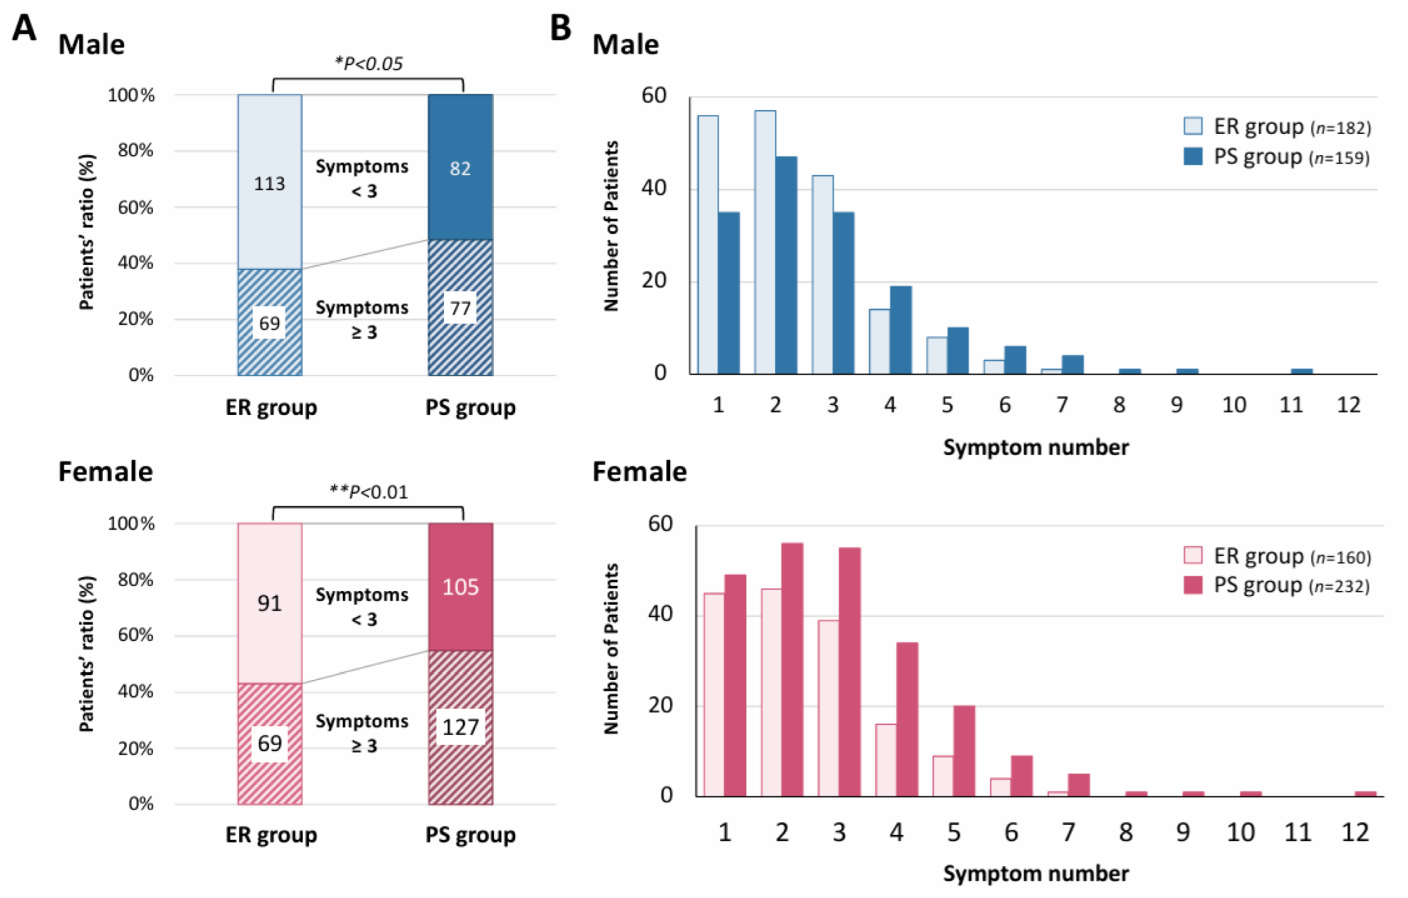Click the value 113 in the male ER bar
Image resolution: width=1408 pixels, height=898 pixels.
270,183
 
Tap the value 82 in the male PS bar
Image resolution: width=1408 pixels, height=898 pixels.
460,169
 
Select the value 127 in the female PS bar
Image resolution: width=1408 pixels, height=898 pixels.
460,727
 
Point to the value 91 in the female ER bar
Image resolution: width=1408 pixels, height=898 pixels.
270,603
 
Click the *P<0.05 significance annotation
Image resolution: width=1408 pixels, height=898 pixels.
368,64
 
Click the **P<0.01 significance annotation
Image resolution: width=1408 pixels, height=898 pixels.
368,492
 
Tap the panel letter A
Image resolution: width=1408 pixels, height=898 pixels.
24,28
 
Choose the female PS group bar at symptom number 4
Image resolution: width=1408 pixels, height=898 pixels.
907,719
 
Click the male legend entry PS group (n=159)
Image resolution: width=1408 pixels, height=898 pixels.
1277,158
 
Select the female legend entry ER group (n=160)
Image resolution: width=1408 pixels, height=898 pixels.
1277,556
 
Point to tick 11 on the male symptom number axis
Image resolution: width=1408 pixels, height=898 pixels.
1291,405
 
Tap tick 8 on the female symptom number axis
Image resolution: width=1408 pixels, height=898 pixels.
1126,832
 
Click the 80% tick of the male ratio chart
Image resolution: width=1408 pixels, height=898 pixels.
136,150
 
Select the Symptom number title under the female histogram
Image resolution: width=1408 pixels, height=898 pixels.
1036,873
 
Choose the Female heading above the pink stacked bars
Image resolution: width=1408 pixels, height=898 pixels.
105,471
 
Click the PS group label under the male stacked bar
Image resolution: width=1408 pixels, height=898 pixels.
470,408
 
